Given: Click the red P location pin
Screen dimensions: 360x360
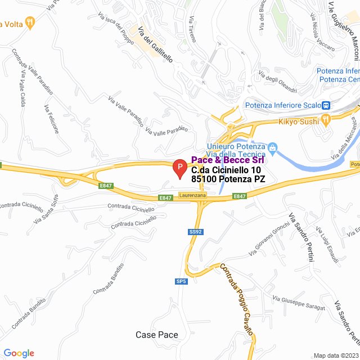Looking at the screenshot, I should tap(179, 168).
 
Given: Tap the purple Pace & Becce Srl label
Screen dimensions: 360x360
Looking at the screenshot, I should tap(228, 160).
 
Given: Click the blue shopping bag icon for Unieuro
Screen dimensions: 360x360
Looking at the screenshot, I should tap(273, 148).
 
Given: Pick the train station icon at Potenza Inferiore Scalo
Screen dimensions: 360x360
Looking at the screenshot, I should tap(326, 105).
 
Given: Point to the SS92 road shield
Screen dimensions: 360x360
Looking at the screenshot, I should tap(195, 231).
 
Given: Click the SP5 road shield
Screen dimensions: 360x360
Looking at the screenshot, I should tap(181, 281).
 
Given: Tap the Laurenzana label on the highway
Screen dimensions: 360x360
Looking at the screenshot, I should tap(192, 195).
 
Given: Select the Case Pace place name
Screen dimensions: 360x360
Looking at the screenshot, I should tap(157, 335).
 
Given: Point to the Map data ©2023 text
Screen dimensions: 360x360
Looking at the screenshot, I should tap(335, 355).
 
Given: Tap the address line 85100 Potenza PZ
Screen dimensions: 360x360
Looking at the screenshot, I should tap(228, 179).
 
